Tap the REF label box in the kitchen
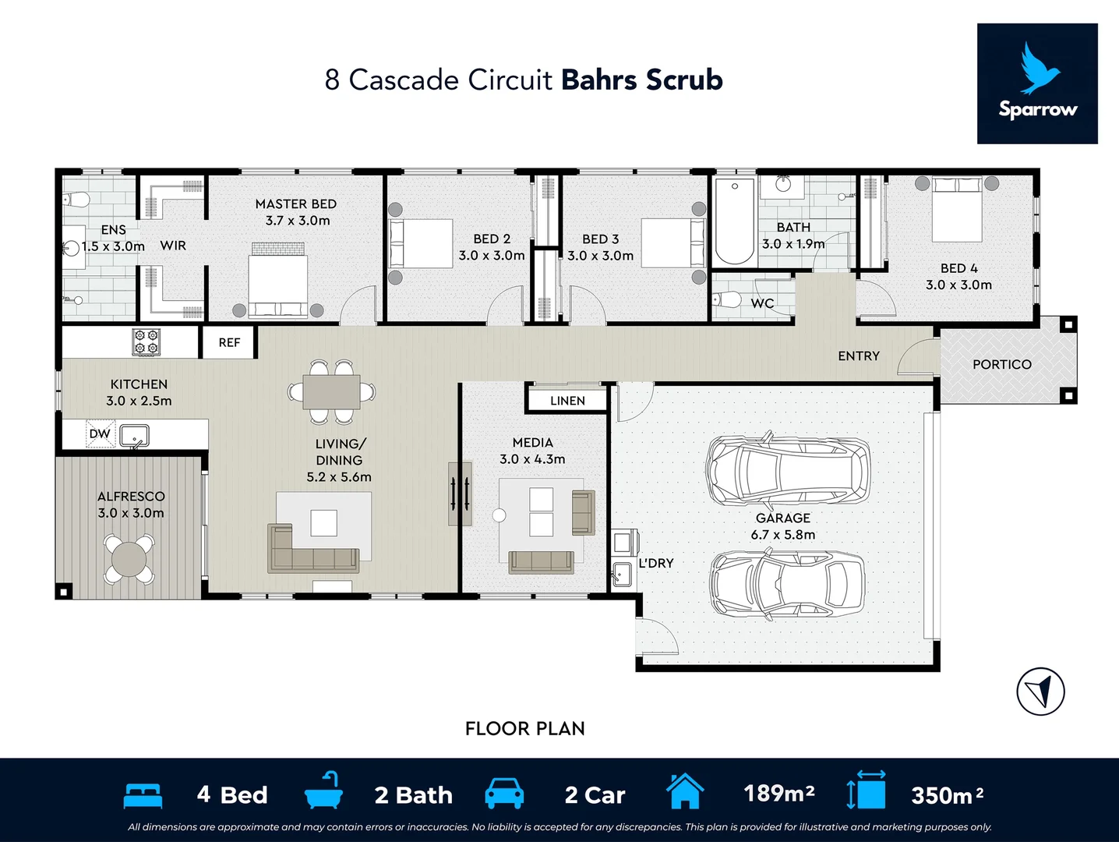(229, 342)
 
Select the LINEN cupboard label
(567, 401)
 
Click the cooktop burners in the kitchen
(146, 341)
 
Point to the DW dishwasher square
(100, 433)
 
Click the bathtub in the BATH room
(735, 221)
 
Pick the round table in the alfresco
(129, 559)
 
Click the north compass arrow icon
(1040, 692)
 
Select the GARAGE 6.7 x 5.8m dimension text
(783, 535)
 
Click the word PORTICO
(1002, 365)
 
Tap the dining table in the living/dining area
(331, 391)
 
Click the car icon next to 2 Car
(504, 793)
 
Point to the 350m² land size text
(948, 795)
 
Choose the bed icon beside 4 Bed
(143, 796)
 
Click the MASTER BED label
(295, 204)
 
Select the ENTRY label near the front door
(859, 356)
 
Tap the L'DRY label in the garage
(656, 563)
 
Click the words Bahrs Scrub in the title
(642, 80)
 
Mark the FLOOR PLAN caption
(525, 729)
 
